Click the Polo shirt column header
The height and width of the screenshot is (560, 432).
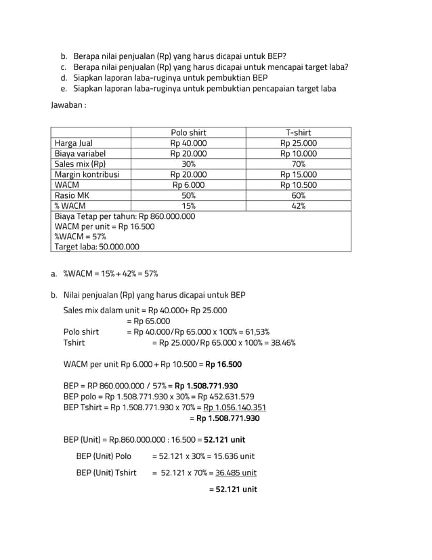188,132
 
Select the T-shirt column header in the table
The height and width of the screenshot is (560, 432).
298,132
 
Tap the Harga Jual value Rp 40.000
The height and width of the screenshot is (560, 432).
188,143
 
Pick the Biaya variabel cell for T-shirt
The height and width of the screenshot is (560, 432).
298,153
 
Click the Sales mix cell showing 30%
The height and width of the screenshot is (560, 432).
188,164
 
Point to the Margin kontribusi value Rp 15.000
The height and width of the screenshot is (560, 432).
298,174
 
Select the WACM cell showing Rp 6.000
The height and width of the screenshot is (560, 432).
188,185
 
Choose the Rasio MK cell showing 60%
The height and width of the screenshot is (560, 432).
298,195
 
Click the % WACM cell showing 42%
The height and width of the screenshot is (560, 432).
298,206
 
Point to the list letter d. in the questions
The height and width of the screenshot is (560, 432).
63,78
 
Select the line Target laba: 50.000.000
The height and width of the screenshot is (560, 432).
97,247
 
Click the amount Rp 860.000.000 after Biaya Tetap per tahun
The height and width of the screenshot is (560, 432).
167,216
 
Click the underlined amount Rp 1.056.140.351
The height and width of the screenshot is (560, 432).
234,407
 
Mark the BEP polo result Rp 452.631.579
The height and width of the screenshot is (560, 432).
226,397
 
